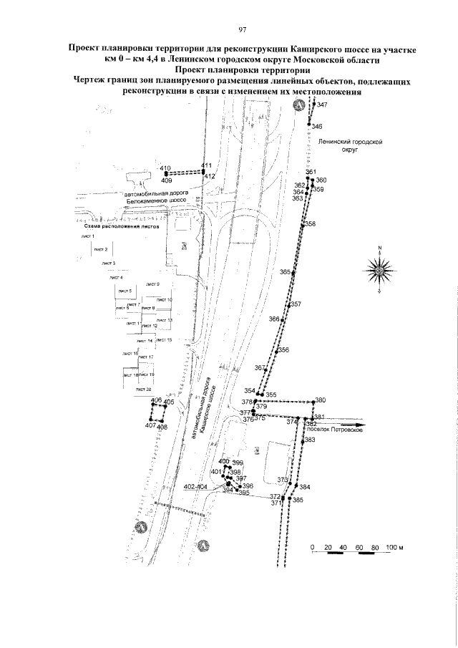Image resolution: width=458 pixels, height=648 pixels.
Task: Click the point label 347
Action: (322, 105)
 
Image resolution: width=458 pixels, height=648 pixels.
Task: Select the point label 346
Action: (317, 127)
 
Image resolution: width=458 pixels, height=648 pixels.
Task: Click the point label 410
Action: (165, 168)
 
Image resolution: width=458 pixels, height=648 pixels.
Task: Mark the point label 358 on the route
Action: (310, 224)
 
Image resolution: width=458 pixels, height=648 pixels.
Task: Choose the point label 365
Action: (286, 273)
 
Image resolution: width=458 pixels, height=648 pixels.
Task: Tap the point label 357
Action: (296, 304)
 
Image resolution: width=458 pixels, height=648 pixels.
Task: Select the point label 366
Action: (273, 319)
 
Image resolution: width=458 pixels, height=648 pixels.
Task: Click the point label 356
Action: (283, 350)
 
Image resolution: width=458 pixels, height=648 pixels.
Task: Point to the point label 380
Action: (320, 400)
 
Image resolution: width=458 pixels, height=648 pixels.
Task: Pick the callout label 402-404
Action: (195, 487)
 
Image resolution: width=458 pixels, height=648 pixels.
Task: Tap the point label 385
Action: (298, 500)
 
